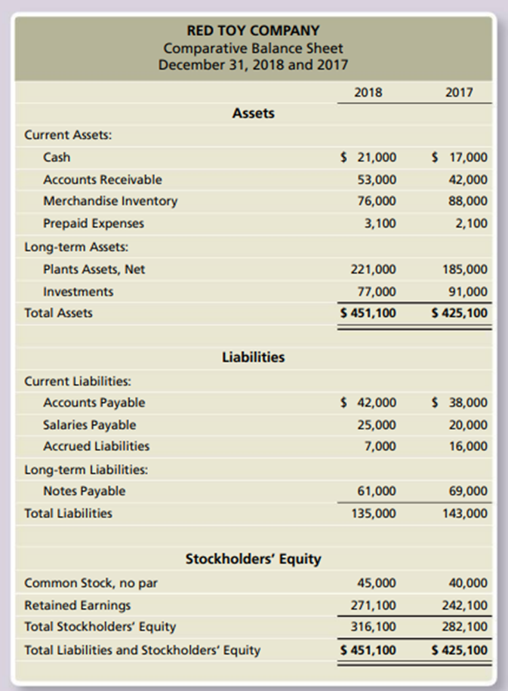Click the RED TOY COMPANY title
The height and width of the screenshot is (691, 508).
(254, 31)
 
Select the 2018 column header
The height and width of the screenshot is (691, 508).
(368, 93)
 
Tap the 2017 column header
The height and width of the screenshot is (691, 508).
(459, 93)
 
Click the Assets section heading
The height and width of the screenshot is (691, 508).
(254, 113)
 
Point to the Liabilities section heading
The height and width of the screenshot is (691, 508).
(254, 357)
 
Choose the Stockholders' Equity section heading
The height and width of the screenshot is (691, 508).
(254, 559)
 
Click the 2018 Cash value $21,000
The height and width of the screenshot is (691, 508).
(368, 158)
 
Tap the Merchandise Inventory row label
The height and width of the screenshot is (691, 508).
(110, 201)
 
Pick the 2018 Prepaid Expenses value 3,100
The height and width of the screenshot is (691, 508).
(380, 223)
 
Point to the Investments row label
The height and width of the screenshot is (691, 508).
(79, 291)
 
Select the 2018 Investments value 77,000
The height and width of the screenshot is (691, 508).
(377, 291)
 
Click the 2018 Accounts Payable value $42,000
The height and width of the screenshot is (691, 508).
(368, 403)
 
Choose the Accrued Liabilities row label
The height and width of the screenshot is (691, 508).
(96, 447)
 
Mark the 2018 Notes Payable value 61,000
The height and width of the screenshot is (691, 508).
(377, 491)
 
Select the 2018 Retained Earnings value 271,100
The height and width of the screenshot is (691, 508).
(374, 605)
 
